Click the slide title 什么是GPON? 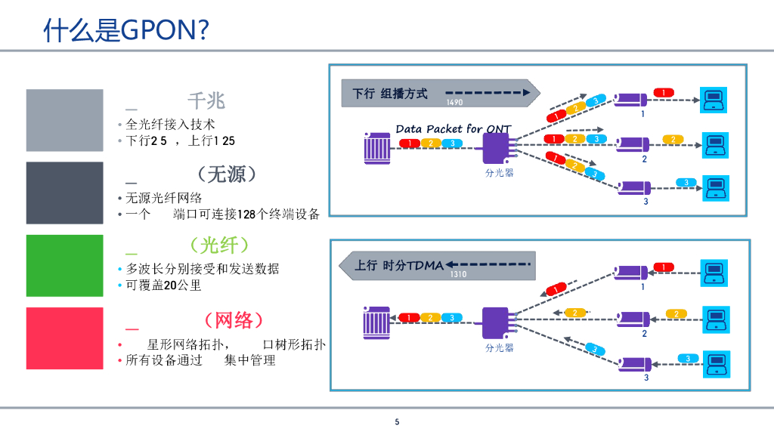pos(126,30)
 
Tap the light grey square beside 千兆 pos(64,120)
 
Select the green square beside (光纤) pos(64,265)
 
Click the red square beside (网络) pos(64,338)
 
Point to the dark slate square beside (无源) pos(64,193)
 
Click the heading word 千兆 pos(206,101)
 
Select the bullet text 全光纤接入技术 pos(170,124)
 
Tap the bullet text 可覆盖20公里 pos(163,285)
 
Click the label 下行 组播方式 pos(389,94)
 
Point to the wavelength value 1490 pos(454,103)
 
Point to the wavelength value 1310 pos(458,274)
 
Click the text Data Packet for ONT pos(454,129)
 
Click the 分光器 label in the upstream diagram pos(499,347)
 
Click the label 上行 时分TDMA pos(399,265)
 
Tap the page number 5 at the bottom pos(397,421)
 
